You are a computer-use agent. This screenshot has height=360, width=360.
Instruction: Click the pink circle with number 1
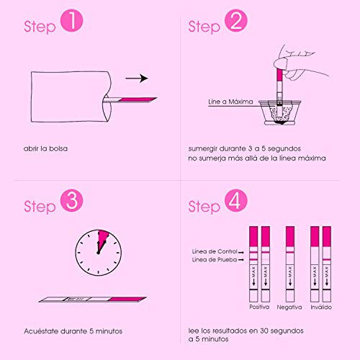click(73, 24)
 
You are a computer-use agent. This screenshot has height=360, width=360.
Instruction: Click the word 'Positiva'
click(259, 307)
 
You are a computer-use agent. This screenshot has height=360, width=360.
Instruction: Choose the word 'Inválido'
click(320, 307)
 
